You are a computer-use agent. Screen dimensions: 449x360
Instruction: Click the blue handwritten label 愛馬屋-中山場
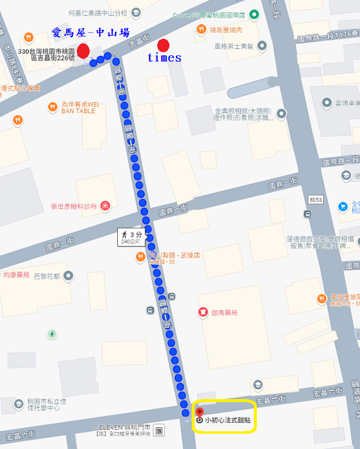(x=90, y=32)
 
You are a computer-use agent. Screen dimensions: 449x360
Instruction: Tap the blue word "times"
(x=164, y=58)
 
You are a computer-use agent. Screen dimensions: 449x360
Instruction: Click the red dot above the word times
(x=164, y=45)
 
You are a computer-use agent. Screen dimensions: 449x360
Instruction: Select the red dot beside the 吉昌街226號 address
(x=83, y=51)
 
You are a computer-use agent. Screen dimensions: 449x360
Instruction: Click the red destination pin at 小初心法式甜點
(x=199, y=412)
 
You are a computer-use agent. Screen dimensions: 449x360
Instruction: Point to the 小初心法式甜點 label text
(x=227, y=421)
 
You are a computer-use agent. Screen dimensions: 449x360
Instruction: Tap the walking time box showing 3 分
(x=132, y=236)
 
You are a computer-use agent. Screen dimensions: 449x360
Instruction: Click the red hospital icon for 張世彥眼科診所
(x=105, y=206)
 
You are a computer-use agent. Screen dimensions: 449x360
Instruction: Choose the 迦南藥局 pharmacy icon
(x=203, y=312)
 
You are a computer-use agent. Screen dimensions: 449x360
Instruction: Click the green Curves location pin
(x=253, y=15)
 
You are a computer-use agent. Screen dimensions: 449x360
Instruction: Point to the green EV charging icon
(x=52, y=334)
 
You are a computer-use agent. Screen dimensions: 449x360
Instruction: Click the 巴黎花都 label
(x=48, y=275)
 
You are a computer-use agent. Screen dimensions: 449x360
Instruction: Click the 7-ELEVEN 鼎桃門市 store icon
(x=160, y=431)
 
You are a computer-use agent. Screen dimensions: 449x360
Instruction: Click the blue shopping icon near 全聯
(x=343, y=207)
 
